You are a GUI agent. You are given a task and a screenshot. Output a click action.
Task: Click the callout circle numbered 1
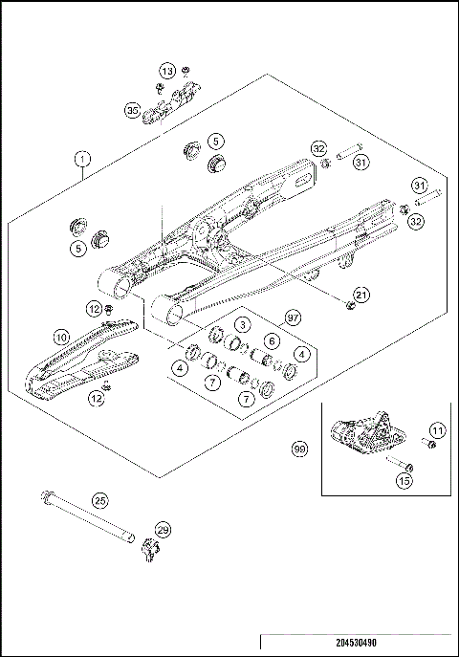(83, 161)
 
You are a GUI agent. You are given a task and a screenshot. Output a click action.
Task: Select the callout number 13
(167, 72)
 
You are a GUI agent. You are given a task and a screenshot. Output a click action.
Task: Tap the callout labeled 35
(133, 111)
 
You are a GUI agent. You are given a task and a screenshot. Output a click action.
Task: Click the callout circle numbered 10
(59, 337)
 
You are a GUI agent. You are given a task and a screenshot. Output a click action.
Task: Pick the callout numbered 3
(245, 325)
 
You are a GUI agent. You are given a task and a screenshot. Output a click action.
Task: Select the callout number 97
(294, 317)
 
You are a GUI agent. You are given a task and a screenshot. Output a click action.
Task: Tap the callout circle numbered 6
(272, 340)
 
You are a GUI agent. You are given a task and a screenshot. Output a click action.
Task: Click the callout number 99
(300, 448)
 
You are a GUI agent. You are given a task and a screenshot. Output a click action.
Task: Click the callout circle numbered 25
(99, 499)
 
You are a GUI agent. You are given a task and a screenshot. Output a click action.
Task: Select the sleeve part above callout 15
(398, 466)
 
